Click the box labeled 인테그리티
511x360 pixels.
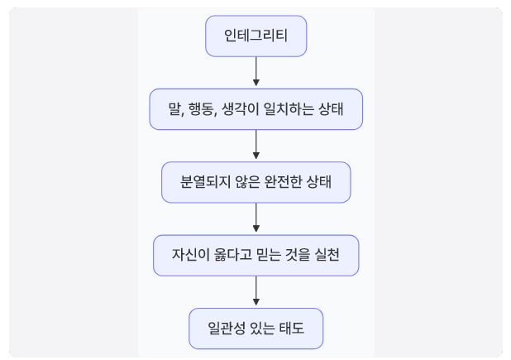pos(255,36)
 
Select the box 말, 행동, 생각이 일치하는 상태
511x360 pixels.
pos(255,109)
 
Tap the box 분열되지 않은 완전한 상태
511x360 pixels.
pos(255,182)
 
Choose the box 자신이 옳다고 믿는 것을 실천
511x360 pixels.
pos(255,256)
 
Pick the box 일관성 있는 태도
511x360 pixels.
pos(255,329)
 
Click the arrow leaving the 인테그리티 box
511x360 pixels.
pos(256,72)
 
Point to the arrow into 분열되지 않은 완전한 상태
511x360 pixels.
pos(256,146)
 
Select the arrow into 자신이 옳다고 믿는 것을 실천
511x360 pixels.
pos(256,218)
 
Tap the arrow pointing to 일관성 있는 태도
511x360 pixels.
pos(256,292)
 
